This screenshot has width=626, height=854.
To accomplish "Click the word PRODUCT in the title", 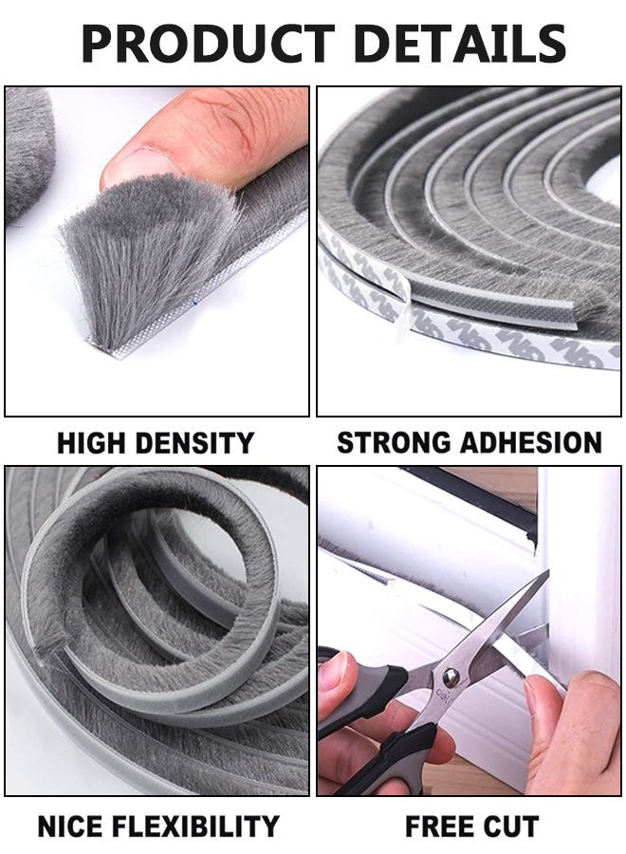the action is [x=208, y=44].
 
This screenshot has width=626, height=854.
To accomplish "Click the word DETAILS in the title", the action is [x=460, y=44].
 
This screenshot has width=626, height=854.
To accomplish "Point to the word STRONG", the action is [x=395, y=442].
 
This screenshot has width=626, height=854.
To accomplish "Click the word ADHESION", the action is [x=531, y=442].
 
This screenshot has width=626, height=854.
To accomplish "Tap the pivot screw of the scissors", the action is [x=451, y=678].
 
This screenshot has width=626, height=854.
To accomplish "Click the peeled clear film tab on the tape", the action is [x=403, y=310].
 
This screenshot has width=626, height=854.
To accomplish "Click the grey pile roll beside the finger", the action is [x=28, y=154].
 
